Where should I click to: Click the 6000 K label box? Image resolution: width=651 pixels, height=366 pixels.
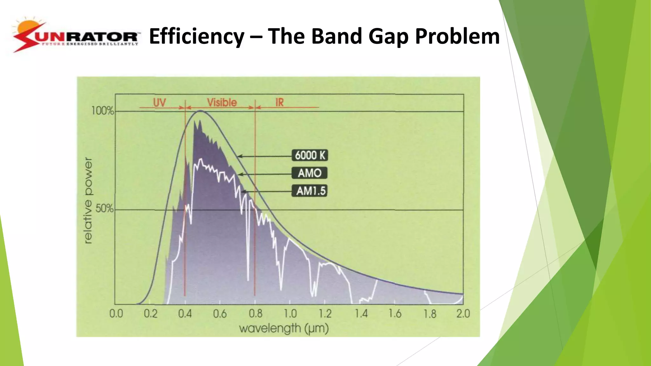[310, 155]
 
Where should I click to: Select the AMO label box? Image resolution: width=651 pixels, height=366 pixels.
[310, 173]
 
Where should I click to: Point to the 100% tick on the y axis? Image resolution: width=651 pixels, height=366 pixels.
[102, 111]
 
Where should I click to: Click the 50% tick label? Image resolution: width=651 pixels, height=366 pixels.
[104, 209]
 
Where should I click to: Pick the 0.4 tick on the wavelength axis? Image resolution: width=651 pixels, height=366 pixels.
[185, 314]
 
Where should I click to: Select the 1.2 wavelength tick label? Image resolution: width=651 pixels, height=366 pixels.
[325, 314]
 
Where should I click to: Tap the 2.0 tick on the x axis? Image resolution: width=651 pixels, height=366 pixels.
[463, 314]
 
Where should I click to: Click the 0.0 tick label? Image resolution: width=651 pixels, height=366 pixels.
[116, 314]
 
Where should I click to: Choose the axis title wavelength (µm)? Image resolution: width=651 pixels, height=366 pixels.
[284, 328]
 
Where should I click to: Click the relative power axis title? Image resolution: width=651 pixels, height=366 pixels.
[88, 200]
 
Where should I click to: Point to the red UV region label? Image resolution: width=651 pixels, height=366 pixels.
[160, 102]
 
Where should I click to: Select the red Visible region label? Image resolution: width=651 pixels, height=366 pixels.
[222, 102]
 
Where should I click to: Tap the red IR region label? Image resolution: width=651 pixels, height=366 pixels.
[279, 102]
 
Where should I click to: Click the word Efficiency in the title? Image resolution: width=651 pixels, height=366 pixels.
[196, 36]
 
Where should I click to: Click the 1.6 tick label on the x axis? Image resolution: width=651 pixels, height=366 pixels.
[395, 314]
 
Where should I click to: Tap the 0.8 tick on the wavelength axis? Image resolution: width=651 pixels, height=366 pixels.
[256, 314]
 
